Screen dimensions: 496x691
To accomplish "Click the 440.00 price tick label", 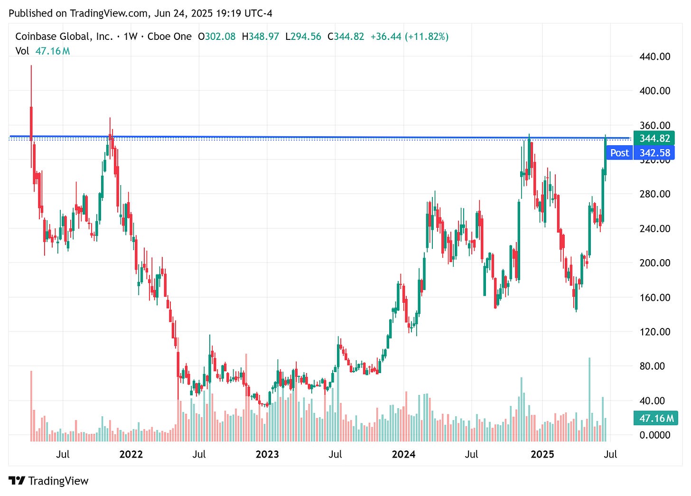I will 654,56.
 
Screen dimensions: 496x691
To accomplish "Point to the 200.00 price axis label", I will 654,263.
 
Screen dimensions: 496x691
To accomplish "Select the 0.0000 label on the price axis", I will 654,435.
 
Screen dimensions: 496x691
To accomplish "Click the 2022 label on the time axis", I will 131,454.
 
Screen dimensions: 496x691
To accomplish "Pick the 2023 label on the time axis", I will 267,454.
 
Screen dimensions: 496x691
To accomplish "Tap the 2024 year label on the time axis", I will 403,454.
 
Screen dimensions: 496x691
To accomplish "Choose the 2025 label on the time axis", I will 542,454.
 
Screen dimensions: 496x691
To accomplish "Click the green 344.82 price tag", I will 654,139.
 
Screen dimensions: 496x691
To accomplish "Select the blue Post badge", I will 619,153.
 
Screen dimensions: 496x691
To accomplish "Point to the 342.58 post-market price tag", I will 655,153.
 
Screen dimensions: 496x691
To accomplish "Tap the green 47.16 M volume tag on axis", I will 656,418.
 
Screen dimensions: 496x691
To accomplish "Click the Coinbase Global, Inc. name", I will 64,37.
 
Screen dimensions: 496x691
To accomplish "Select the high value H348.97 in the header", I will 260,37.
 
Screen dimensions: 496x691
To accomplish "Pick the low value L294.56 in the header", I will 303,37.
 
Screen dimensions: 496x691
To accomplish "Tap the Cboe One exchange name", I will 169,37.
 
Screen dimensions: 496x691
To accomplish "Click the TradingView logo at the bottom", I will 48,481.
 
